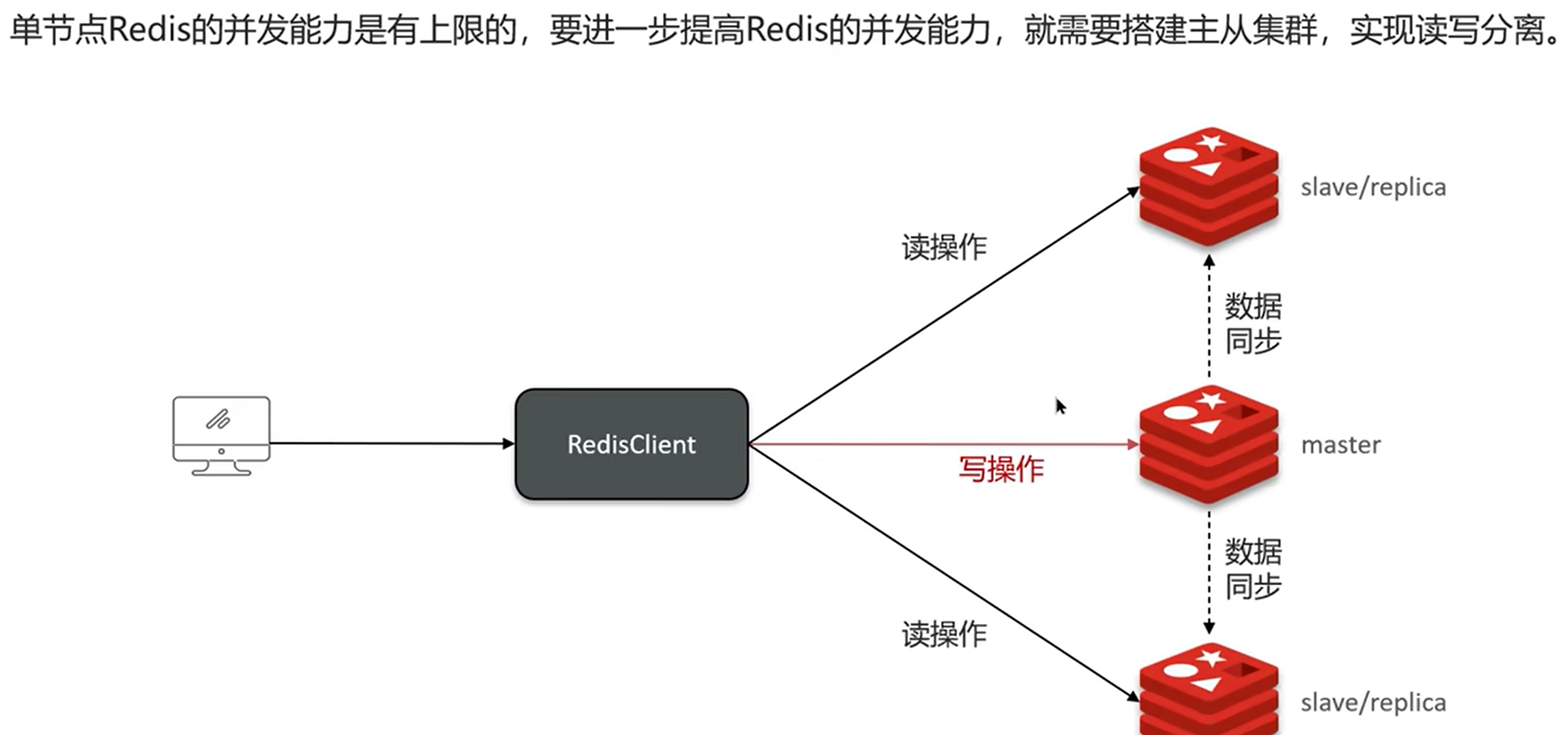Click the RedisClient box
tap(631, 444)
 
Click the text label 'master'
tap(1341, 446)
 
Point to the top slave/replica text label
tap(1373, 187)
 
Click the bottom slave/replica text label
tap(1373, 703)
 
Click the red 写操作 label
tap(1001, 469)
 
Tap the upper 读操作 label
tap(944, 248)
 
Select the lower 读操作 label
tap(944, 635)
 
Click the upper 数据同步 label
tap(1253, 324)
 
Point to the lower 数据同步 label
tap(1253, 568)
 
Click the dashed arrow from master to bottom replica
tap(1209, 572)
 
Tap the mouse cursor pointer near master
tap(1060, 405)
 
